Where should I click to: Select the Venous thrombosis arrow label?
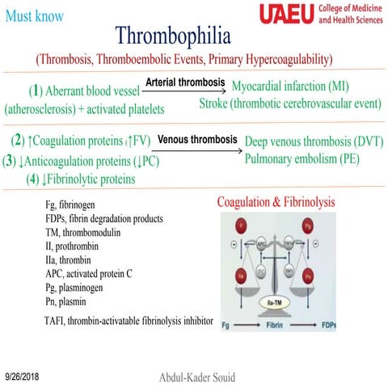pyautogui.click(x=196, y=139)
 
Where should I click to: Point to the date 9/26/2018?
pyautogui.click(x=23, y=377)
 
